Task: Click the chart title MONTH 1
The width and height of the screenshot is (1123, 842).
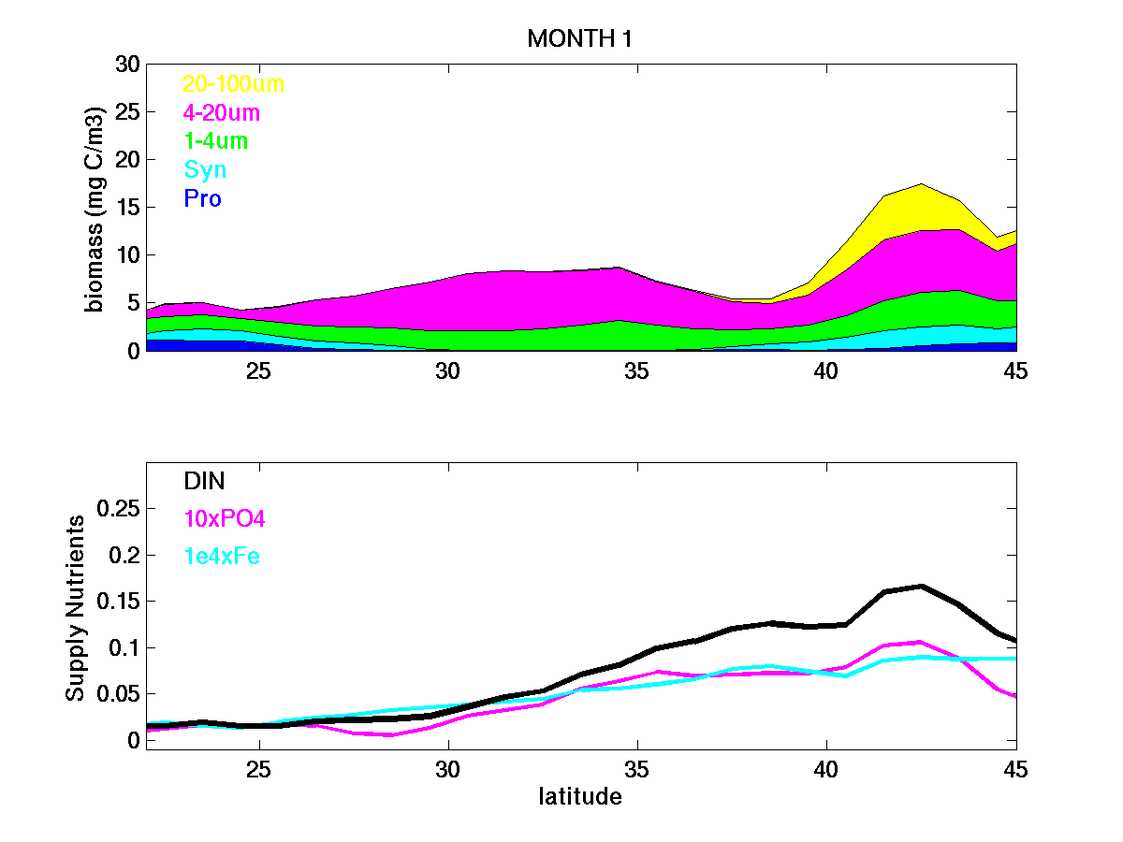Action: coord(574,38)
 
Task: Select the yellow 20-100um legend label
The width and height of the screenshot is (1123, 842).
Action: coord(233,84)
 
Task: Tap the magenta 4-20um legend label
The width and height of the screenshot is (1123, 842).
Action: coord(221,113)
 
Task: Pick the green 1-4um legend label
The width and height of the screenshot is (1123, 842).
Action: coord(216,141)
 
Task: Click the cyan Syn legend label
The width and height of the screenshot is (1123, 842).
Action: coord(205,170)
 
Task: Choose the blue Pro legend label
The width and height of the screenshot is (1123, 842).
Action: coord(202,198)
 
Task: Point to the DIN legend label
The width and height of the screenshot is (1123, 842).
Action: coord(204,481)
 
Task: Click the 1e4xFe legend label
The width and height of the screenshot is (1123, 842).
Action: coord(222,557)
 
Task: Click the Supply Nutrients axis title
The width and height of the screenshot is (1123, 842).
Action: coord(76,608)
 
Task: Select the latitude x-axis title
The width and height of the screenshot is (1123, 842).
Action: coord(579,797)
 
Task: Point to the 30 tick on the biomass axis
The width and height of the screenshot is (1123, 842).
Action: coord(126,65)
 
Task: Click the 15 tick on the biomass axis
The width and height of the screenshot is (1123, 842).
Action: coord(126,208)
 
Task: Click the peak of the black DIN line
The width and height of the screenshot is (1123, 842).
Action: coord(922,586)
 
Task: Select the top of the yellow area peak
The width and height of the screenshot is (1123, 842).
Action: coord(922,184)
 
